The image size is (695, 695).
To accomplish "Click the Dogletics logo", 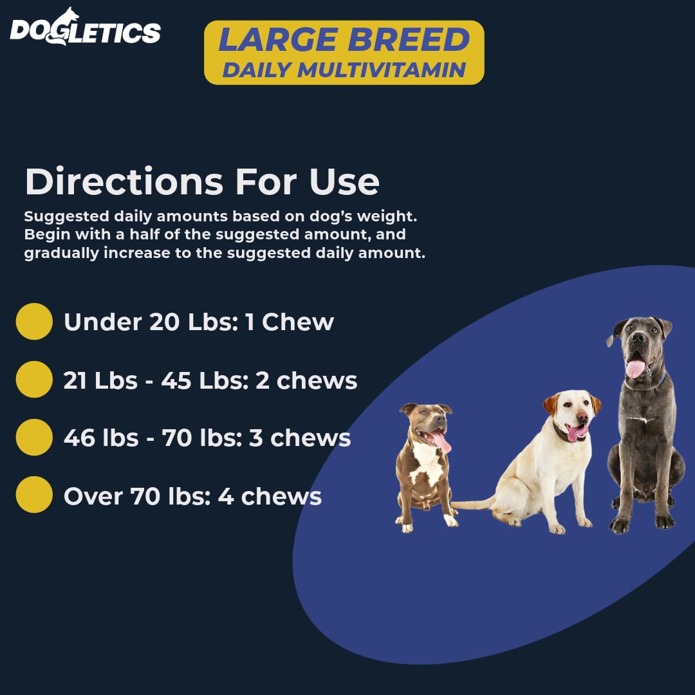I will (85, 29).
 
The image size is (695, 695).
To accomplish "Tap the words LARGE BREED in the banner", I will (344, 41).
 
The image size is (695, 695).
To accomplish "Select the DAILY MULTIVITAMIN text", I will (344, 69).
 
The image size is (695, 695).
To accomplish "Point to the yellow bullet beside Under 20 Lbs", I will (34, 322).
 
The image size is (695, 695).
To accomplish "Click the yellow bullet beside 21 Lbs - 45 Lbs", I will (34, 380).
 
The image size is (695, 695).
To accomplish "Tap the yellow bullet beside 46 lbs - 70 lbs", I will (34, 438).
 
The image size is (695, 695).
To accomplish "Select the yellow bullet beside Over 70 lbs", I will (34, 495).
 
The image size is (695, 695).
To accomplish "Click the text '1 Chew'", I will (289, 322).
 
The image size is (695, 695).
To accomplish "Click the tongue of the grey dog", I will (635, 368).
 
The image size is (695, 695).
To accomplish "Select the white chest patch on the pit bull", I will (425, 463).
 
